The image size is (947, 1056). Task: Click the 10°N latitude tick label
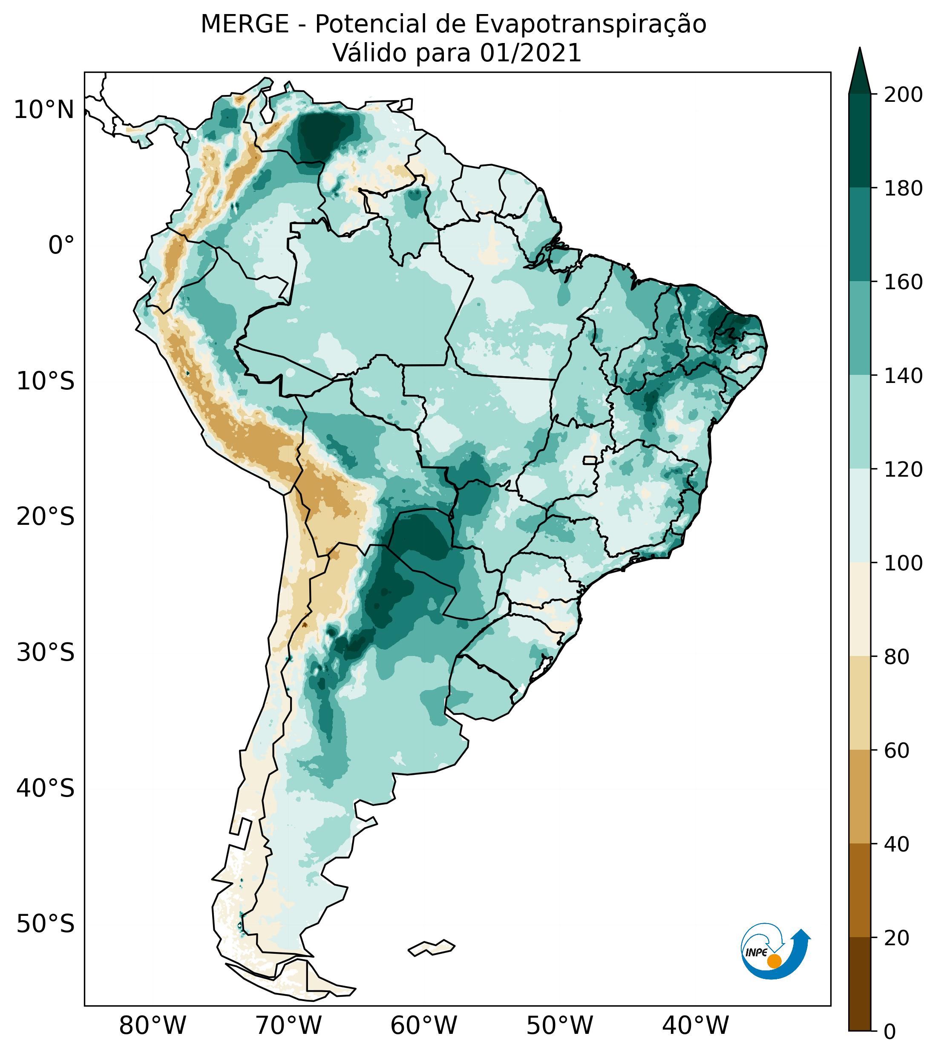click(x=44, y=110)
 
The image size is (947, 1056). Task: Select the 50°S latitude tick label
click(x=46, y=925)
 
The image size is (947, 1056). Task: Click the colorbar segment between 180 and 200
click(x=860, y=141)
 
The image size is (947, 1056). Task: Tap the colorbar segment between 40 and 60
click(x=860, y=796)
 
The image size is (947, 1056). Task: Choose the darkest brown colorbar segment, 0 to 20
click(x=860, y=983)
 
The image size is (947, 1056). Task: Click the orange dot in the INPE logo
click(x=774, y=961)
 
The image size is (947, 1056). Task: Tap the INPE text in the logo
click(x=757, y=952)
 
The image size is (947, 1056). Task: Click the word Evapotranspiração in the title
click(x=590, y=24)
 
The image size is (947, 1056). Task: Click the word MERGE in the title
click(x=245, y=24)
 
